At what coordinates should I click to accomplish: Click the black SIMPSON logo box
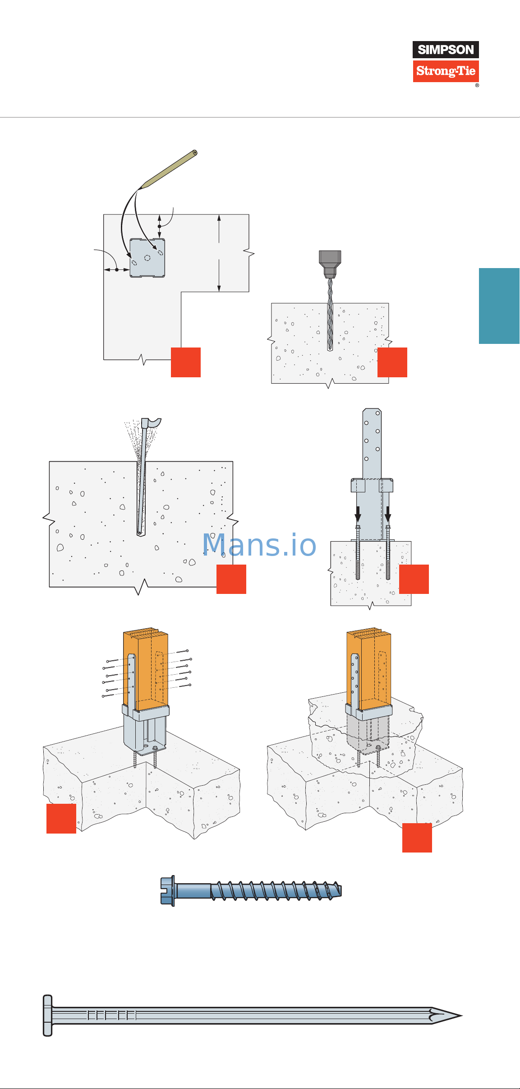point(446,50)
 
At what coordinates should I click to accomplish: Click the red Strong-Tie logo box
point(446,71)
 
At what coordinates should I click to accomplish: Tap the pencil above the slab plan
point(170,169)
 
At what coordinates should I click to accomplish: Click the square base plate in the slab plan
point(147,258)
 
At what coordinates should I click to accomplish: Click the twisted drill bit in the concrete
point(330,316)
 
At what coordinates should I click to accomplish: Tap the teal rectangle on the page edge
point(499,306)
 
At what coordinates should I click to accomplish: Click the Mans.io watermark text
point(259,545)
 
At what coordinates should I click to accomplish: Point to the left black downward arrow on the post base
point(358,514)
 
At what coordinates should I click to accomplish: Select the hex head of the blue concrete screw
point(167,891)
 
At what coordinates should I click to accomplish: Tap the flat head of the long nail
point(47,1015)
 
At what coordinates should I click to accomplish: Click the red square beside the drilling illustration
point(392,362)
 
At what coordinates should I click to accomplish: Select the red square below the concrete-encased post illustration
point(417,838)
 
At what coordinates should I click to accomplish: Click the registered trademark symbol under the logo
point(477,85)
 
